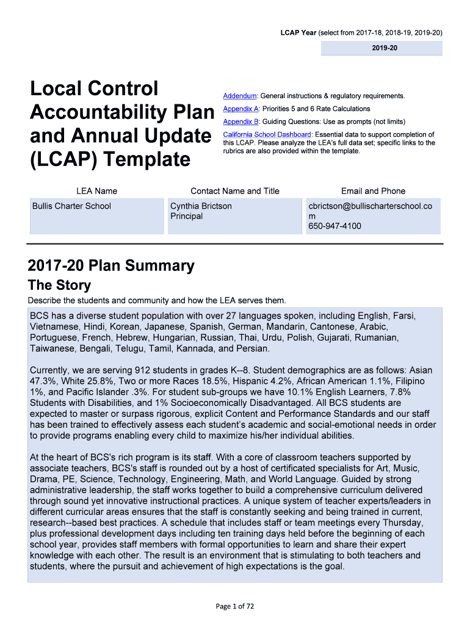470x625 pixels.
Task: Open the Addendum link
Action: pos(239,96)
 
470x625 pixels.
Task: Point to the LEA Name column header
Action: pos(97,191)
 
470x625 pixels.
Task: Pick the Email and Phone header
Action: pos(373,191)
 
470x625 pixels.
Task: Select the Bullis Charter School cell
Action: pos(71,206)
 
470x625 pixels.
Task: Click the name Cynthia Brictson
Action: pos(201,206)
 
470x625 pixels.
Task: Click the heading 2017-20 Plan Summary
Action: pos(111,266)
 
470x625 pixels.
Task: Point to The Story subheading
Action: pos(59,285)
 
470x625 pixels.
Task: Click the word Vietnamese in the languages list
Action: pos(53,327)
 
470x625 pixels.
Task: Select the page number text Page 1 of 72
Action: pos(235,606)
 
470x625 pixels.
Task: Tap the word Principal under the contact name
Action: pos(186,216)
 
